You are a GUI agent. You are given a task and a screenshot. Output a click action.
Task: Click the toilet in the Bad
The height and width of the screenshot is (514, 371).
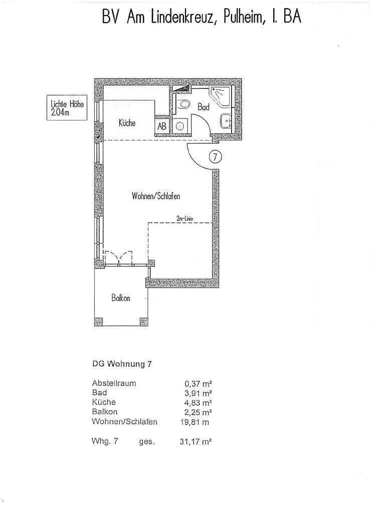pyautogui.click(x=184, y=105)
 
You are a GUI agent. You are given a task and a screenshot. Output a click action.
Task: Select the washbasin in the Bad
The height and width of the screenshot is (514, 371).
pyautogui.click(x=225, y=121)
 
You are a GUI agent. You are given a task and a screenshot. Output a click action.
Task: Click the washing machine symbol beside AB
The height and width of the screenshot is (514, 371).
pyautogui.click(x=180, y=126)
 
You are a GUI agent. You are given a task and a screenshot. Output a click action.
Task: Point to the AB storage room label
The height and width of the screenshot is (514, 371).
pyautogui.click(x=162, y=126)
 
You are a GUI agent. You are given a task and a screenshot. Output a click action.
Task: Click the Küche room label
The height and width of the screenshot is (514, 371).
pyautogui.click(x=127, y=123)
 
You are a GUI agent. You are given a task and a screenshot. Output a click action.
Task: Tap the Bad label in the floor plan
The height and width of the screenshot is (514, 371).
pyautogui.click(x=203, y=107)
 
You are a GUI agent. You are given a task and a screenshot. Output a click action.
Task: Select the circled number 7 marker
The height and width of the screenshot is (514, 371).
pyautogui.click(x=215, y=157)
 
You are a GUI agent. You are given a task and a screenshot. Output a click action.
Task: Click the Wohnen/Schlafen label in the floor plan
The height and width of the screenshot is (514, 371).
pyautogui.click(x=155, y=196)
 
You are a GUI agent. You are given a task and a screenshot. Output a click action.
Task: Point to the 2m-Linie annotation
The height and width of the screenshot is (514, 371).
pyautogui.click(x=184, y=218)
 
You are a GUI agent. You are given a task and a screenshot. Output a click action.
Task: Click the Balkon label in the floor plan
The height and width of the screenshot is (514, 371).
pyautogui.click(x=121, y=298)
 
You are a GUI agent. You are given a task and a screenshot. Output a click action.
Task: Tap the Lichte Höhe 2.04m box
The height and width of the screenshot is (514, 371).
pyautogui.click(x=66, y=108)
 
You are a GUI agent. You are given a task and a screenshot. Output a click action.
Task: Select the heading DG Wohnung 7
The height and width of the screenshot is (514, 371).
pyautogui.click(x=122, y=365)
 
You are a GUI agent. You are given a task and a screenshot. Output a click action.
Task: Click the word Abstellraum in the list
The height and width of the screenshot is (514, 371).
pyautogui.click(x=114, y=383)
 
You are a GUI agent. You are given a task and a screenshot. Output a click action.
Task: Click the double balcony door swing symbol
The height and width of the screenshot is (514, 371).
pyautogui.click(x=118, y=257)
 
